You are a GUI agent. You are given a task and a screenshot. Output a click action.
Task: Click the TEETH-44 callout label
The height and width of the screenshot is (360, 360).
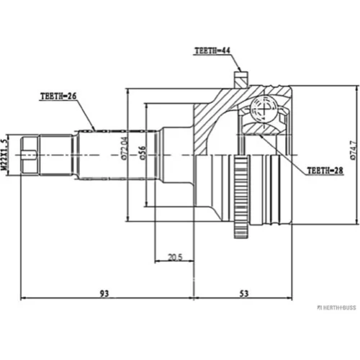212,50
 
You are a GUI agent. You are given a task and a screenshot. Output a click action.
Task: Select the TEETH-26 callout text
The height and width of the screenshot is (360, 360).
58,96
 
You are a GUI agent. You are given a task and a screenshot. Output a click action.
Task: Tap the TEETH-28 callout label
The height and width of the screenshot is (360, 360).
325,171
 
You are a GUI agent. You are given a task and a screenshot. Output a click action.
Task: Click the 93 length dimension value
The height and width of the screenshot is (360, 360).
104,293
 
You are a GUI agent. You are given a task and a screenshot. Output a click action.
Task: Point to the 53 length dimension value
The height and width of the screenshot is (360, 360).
244,293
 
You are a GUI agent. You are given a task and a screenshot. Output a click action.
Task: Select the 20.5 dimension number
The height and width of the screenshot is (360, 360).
175,257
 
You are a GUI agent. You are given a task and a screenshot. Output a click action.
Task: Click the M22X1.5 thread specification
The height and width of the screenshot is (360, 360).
4,155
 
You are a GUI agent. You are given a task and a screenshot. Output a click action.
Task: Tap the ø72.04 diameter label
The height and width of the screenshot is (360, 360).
125,148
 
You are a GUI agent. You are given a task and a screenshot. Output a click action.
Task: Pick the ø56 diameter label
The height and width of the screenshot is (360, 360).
143,153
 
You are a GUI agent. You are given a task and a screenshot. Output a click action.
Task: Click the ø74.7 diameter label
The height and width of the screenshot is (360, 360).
354,150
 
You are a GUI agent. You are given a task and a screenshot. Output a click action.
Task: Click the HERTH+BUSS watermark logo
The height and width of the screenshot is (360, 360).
337,307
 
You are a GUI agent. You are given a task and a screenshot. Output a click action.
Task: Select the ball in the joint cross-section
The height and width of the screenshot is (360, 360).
264,109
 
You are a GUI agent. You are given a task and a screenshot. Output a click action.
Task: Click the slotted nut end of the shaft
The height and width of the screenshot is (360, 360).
30,155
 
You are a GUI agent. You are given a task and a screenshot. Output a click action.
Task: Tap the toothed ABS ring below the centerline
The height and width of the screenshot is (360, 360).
240,197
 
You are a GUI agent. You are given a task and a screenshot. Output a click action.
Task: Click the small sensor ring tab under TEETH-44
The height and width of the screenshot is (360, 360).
240,79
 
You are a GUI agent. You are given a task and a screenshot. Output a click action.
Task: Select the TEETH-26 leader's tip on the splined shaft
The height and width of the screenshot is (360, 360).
94,130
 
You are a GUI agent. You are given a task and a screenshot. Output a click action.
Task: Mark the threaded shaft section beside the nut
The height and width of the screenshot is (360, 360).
56,155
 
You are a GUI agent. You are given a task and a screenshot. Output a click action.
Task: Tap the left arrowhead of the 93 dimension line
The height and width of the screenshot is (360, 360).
23,298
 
